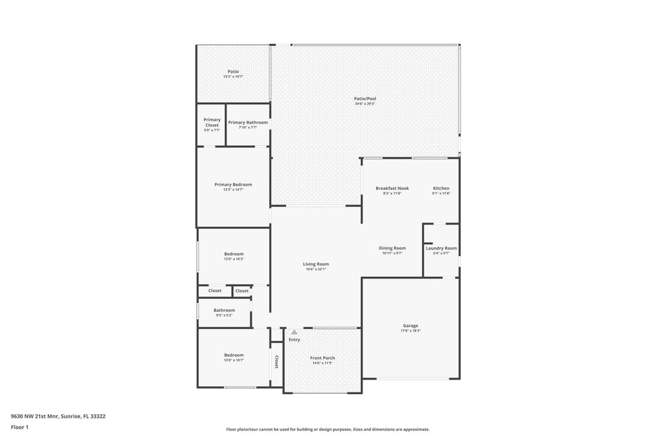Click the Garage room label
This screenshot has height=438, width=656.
(x=410, y=325)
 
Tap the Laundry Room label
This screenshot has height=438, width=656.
(x=441, y=248)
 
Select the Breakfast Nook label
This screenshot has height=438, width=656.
(x=392, y=189)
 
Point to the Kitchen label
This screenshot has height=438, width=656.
(x=441, y=189)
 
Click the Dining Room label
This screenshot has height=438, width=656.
(x=392, y=248)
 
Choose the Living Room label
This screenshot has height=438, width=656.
(x=316, y=264)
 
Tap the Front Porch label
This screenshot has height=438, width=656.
(x=323, y=358)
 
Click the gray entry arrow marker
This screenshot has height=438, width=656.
(x=294, y=332)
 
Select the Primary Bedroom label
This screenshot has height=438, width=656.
(x=233, y=184)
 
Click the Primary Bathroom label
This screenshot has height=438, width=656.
(x=248, y=122)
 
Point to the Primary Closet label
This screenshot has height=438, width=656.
(x=212, y=122)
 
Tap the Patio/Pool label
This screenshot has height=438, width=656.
(x=365, y=99)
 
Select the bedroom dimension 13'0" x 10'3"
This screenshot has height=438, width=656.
(x=233, y=259)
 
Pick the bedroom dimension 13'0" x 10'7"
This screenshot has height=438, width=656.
(x=233, y=360)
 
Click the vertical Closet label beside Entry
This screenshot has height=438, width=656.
(x=276, y=362)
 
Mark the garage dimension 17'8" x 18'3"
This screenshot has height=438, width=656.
(x=410, y=331)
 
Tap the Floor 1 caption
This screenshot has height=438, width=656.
(x=19, y=427)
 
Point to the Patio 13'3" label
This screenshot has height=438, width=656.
(x=233, y=72)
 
